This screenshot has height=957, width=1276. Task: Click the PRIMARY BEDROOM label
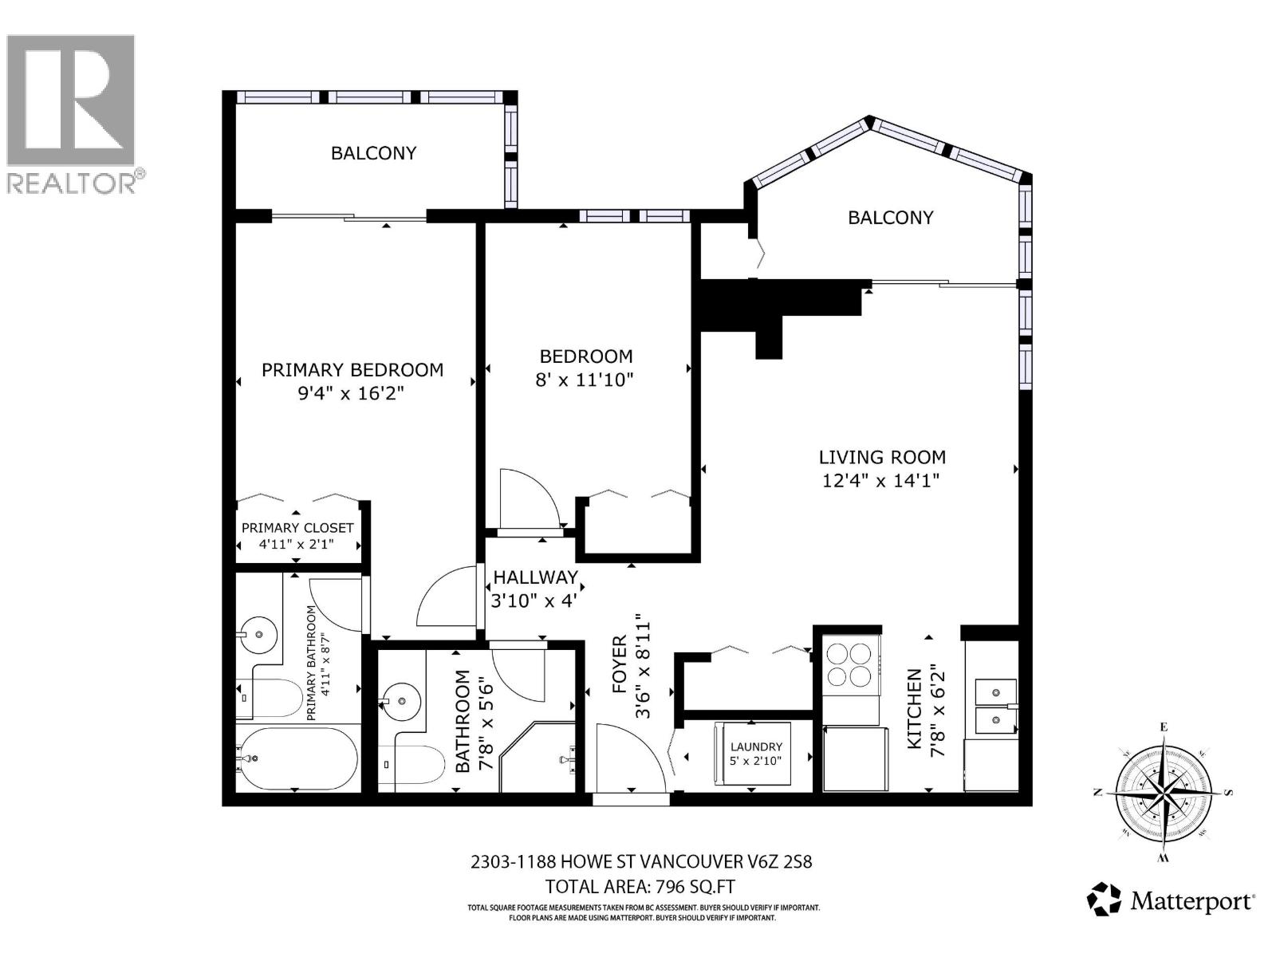pyautogui.click(x=352, y=370)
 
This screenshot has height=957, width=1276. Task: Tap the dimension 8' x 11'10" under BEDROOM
pyautogui.click(x=585, y=380)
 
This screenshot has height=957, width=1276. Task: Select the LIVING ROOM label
pyautogui.click(x=882, y=457)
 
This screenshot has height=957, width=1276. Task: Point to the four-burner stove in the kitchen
pyautogui.click(x=849, y=665)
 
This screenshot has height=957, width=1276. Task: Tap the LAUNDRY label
pyautogui.click(x=756, y=747)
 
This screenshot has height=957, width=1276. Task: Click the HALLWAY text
pyautogui.click(x=535, y=577)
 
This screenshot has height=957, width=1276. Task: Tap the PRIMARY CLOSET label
pyautogui.click(x=297, y=528)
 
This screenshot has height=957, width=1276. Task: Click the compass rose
pyautogui.click(x=1164, y=792)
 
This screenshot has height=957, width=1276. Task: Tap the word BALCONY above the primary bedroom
pyautogui.click(x=373, y=153)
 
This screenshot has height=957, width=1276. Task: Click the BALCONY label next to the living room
pyautogui.click(x=890, y=218)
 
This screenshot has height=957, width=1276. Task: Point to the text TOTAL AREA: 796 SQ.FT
pyautogui.click(x=640, y=886)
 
